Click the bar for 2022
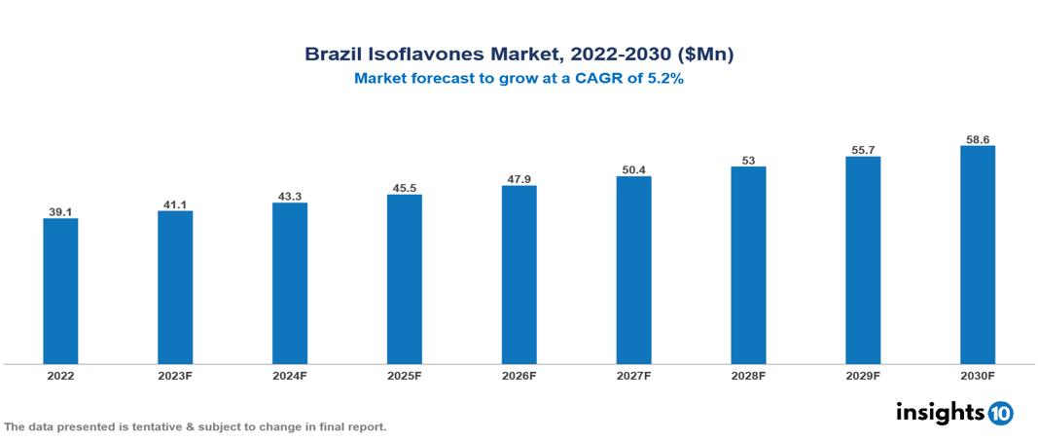click(60, 291)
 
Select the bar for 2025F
click(404, 279)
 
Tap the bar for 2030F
click(977, 255)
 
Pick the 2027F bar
click(633, 271)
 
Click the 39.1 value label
click(60, 211)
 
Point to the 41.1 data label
click(175, 204)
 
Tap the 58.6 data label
click(977, 139)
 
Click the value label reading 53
click(748, 160)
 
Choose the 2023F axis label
click(175, 376)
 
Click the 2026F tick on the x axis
click(519, 376)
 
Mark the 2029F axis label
click(862, 376)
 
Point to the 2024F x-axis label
click(290, 376)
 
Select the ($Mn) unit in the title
click(703, 55)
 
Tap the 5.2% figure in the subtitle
click(665, 79)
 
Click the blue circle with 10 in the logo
click(1000, 413)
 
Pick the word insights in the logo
click(940, 412)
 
